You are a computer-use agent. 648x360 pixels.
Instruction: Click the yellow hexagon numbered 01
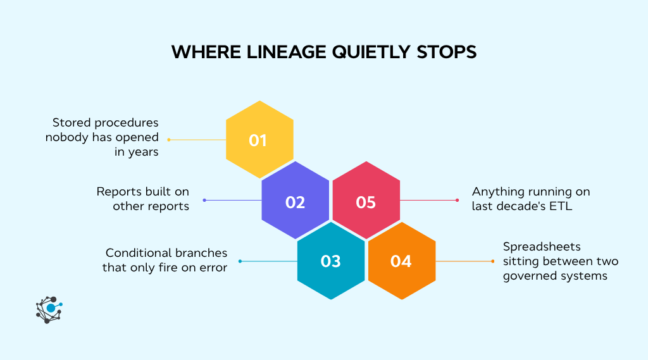(x=259, y=140)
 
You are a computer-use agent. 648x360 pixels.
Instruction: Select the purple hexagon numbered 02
(x=296, y=200)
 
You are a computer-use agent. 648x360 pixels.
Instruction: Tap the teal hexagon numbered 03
(x=331, y=261)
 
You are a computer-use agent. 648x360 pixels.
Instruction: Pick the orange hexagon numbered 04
(x=402, y=261)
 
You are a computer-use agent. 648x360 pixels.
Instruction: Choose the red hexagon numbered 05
(x=366, y=200)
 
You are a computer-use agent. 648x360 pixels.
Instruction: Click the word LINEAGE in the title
(x=287, y=53)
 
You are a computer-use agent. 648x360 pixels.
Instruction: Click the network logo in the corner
(x=49, y=309)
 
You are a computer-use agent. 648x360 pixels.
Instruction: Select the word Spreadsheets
(x=542, y=247)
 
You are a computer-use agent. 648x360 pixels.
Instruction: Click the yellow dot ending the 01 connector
(x=168, y=140)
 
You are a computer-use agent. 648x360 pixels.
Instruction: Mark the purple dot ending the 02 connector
(x=204, y=200)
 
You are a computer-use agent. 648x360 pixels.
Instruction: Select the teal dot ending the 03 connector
(x=240, y=261)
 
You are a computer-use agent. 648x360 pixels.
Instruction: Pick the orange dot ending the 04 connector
(x=492, y=261)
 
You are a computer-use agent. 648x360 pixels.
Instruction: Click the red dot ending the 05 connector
(x=457, y=200)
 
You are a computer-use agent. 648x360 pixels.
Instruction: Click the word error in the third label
(x=213, y=268)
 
